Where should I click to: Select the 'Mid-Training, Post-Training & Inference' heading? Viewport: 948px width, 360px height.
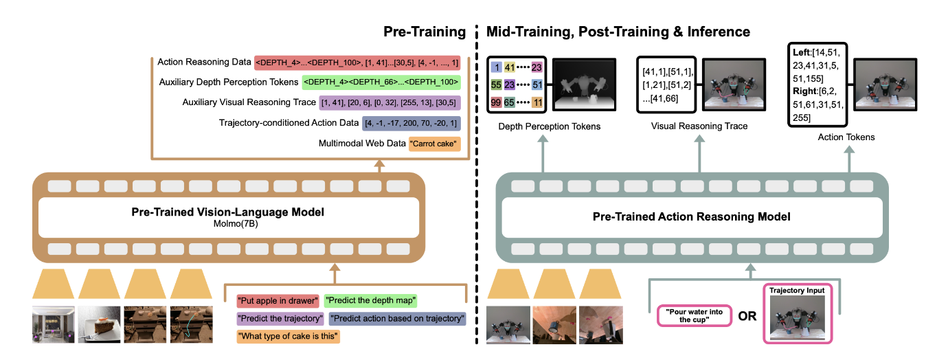point(618,32)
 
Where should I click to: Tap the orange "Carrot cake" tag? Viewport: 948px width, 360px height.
point(434,144)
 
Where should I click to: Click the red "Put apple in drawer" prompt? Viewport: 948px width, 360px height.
point(278,300)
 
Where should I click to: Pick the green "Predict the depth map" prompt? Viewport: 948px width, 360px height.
point(371,300)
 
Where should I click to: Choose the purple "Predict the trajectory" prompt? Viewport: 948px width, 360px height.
point(280,319)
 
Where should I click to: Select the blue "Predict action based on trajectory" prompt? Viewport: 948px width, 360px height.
point(398,319)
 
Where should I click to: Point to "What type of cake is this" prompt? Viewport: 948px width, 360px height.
point(289,337)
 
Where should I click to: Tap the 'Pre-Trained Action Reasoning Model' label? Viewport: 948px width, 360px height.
point(692,216)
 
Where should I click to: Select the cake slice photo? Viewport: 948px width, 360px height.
point(100,324)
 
